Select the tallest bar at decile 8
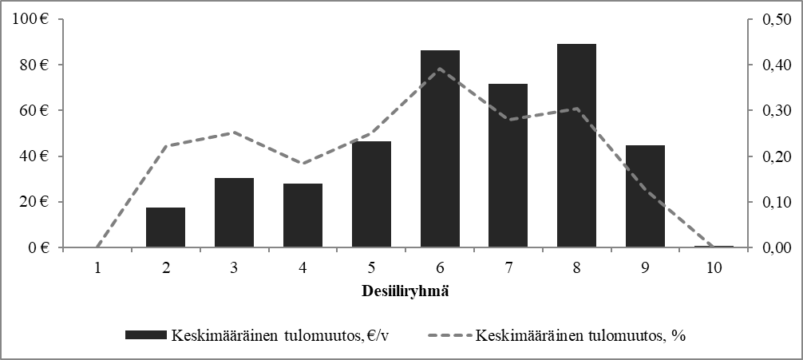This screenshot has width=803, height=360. tap(576, 146)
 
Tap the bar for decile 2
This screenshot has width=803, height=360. tap(165, 227)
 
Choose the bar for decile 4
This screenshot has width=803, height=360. tap(303, 216)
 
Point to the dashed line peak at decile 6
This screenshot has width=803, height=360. tap(440, 69)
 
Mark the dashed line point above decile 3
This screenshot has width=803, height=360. tap(234, 133)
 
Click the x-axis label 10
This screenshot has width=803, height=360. tap(714, 269)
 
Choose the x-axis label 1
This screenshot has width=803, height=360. tap(97, 269)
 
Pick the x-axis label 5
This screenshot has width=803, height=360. tap(371, 269)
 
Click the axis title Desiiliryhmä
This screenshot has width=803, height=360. tap(405, 291)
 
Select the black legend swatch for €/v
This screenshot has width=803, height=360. tap(145, 335)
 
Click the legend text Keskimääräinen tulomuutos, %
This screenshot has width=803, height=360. tap(581, 335)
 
